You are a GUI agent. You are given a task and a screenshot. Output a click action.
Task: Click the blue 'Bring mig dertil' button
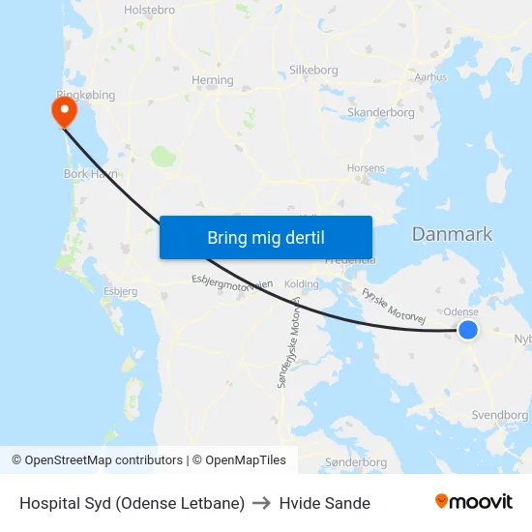tap(266, 237)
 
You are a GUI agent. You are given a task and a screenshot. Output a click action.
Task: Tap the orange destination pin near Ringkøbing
tap(65, 111)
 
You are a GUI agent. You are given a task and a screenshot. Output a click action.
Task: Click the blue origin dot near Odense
tap(468, 330)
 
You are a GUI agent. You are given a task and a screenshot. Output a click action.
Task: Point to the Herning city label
tap(213, 80)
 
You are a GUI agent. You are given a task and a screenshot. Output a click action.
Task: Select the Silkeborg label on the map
tap(313, 71)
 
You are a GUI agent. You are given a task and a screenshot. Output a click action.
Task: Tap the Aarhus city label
tap(430, 76)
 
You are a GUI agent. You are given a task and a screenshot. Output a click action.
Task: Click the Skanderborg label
tap(381, 113)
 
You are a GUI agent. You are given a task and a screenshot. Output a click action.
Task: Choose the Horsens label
tap(366, 167)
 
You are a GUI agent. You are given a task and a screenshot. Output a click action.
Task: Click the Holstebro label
tap(149, 10)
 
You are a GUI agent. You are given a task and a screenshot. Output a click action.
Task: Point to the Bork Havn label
tap(90, 173)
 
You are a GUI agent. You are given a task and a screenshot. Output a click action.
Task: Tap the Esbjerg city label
tap(121, 290)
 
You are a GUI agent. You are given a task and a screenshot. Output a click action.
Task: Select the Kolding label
tap(302, 284)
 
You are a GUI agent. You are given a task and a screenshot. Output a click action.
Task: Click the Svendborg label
tap(500, 415)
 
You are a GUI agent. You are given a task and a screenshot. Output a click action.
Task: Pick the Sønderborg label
tap(356, 462)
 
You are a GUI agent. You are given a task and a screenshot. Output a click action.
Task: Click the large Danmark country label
tap(452, 234)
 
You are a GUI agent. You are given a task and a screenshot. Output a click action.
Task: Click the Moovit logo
tap(474, 502)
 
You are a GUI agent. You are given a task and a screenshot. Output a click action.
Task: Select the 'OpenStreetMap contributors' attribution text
tap(103, 460)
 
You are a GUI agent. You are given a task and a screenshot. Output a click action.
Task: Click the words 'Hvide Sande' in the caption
tap(325, 503)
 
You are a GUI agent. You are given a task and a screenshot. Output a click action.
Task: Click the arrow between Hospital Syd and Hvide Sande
tap(262, 503)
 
